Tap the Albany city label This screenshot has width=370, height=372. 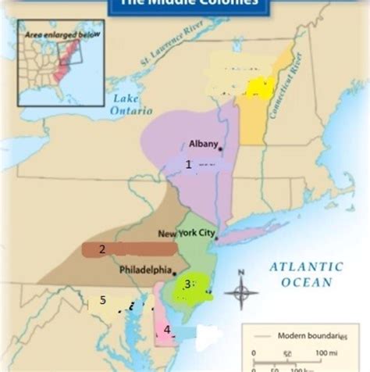tap(203, 143)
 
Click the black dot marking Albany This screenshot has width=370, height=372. tap(221, 148)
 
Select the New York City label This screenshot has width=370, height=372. tap(187, 234)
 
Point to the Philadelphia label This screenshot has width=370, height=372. tap(145, 270)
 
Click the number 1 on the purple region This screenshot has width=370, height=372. tap(188, 164)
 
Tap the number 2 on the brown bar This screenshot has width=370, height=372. tap(101, 250)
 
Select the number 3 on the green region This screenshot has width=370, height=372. tap(187, 284)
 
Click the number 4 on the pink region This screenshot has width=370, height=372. tap(167, 330)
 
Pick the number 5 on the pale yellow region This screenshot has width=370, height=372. tap(102, 301)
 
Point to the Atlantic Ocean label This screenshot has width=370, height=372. tap(306, 274)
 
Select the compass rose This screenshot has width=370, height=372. tap(241, 292)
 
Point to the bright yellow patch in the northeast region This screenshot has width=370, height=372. tap(257, 87)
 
